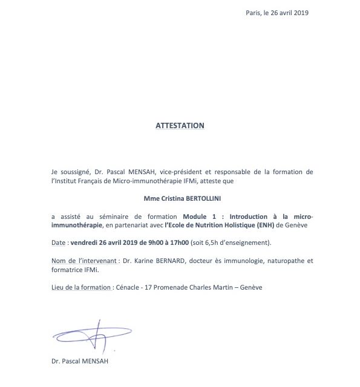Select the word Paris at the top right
pyautogui.click(x=255, y=13)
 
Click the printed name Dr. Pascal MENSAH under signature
pyautogui.click(x=79, y=362)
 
